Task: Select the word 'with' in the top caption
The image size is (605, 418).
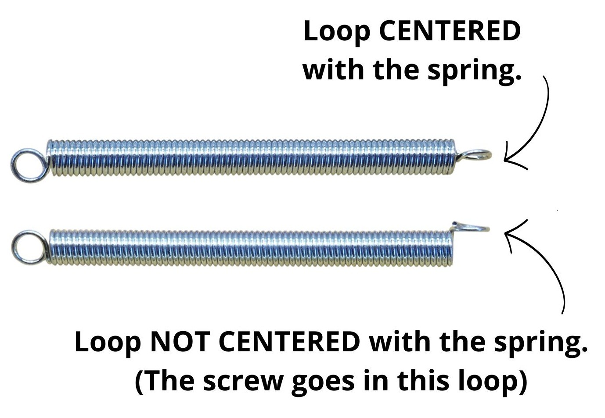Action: tap(334, 69)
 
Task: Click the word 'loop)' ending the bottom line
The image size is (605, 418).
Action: tap(493, 381)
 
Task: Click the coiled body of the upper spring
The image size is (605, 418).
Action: tap(250, 158)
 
